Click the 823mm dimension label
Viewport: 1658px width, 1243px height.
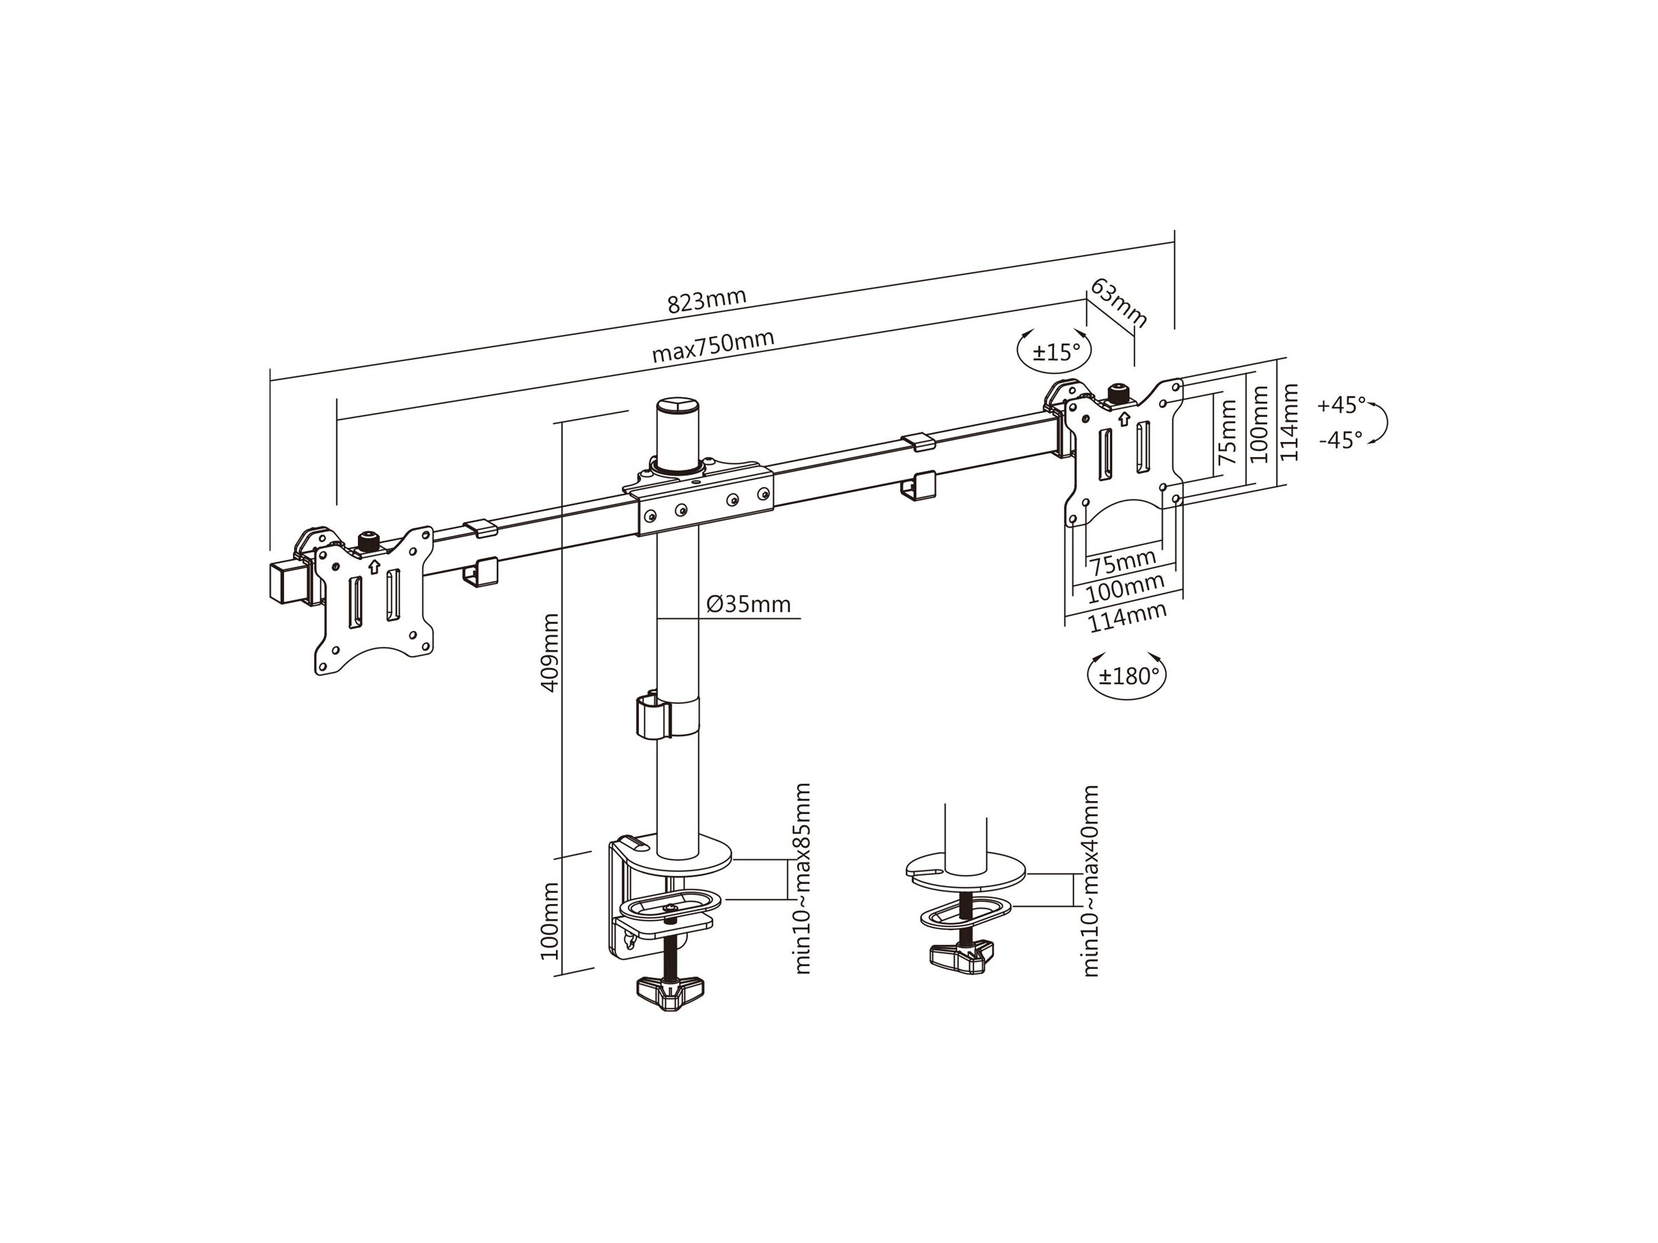point(707,300)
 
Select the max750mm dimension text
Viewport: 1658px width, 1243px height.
point(713,346)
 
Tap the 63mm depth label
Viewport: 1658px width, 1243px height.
point(1118,302)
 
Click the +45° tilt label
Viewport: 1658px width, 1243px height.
point(1342,405)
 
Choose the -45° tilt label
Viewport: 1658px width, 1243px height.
point(1342,440)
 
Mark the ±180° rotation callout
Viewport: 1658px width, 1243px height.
point(1127,676)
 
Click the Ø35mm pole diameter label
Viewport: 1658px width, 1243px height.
point(748,604)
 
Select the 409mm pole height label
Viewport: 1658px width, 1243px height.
point(549,653)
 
